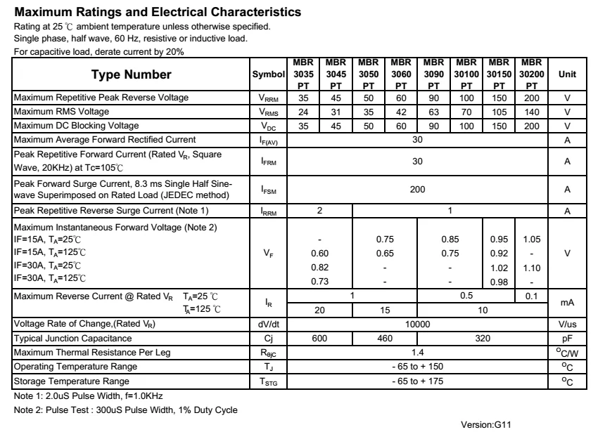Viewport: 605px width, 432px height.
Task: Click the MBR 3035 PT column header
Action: (x=303, y=74)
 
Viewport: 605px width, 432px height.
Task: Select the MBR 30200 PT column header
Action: (x=532, y=74)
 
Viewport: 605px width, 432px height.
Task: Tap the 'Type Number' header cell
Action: (x=132, y=74)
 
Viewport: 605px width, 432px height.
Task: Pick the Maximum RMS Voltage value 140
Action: (x=532, y=112)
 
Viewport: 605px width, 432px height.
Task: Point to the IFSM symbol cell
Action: (x=268, y=190)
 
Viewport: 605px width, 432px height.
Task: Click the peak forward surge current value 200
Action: (x=418, y=190)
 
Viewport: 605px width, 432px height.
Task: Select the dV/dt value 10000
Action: (x=418, y=325)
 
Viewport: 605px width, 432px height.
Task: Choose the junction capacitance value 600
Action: (x=320, y=339)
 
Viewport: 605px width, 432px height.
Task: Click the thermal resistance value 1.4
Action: (x=418, y=353)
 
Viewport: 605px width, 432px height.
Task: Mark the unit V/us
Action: (x=567, y=325)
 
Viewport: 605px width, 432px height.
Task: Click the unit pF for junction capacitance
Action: (x=567, y=339)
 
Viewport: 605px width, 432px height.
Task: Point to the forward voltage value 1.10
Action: (x=532, y=268)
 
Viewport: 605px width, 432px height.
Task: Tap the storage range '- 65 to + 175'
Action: (x=418, y=381)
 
